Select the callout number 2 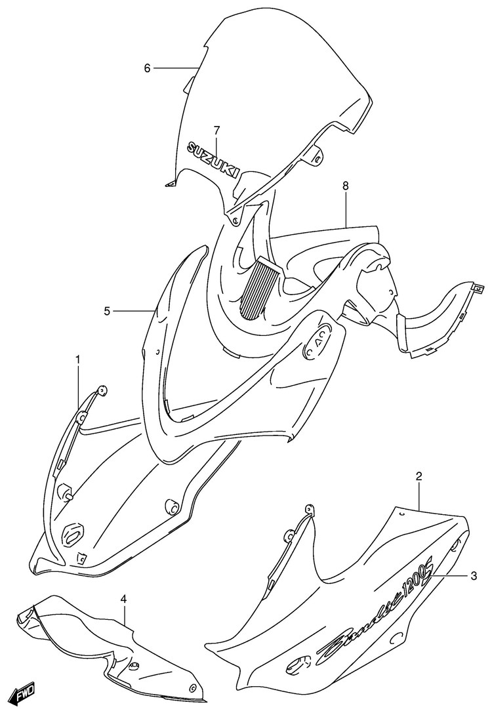(419, 477)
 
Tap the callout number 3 (474, 577)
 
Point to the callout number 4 (123, 599)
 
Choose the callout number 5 (107, 311)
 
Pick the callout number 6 (147, 68)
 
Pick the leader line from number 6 (176, 68)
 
